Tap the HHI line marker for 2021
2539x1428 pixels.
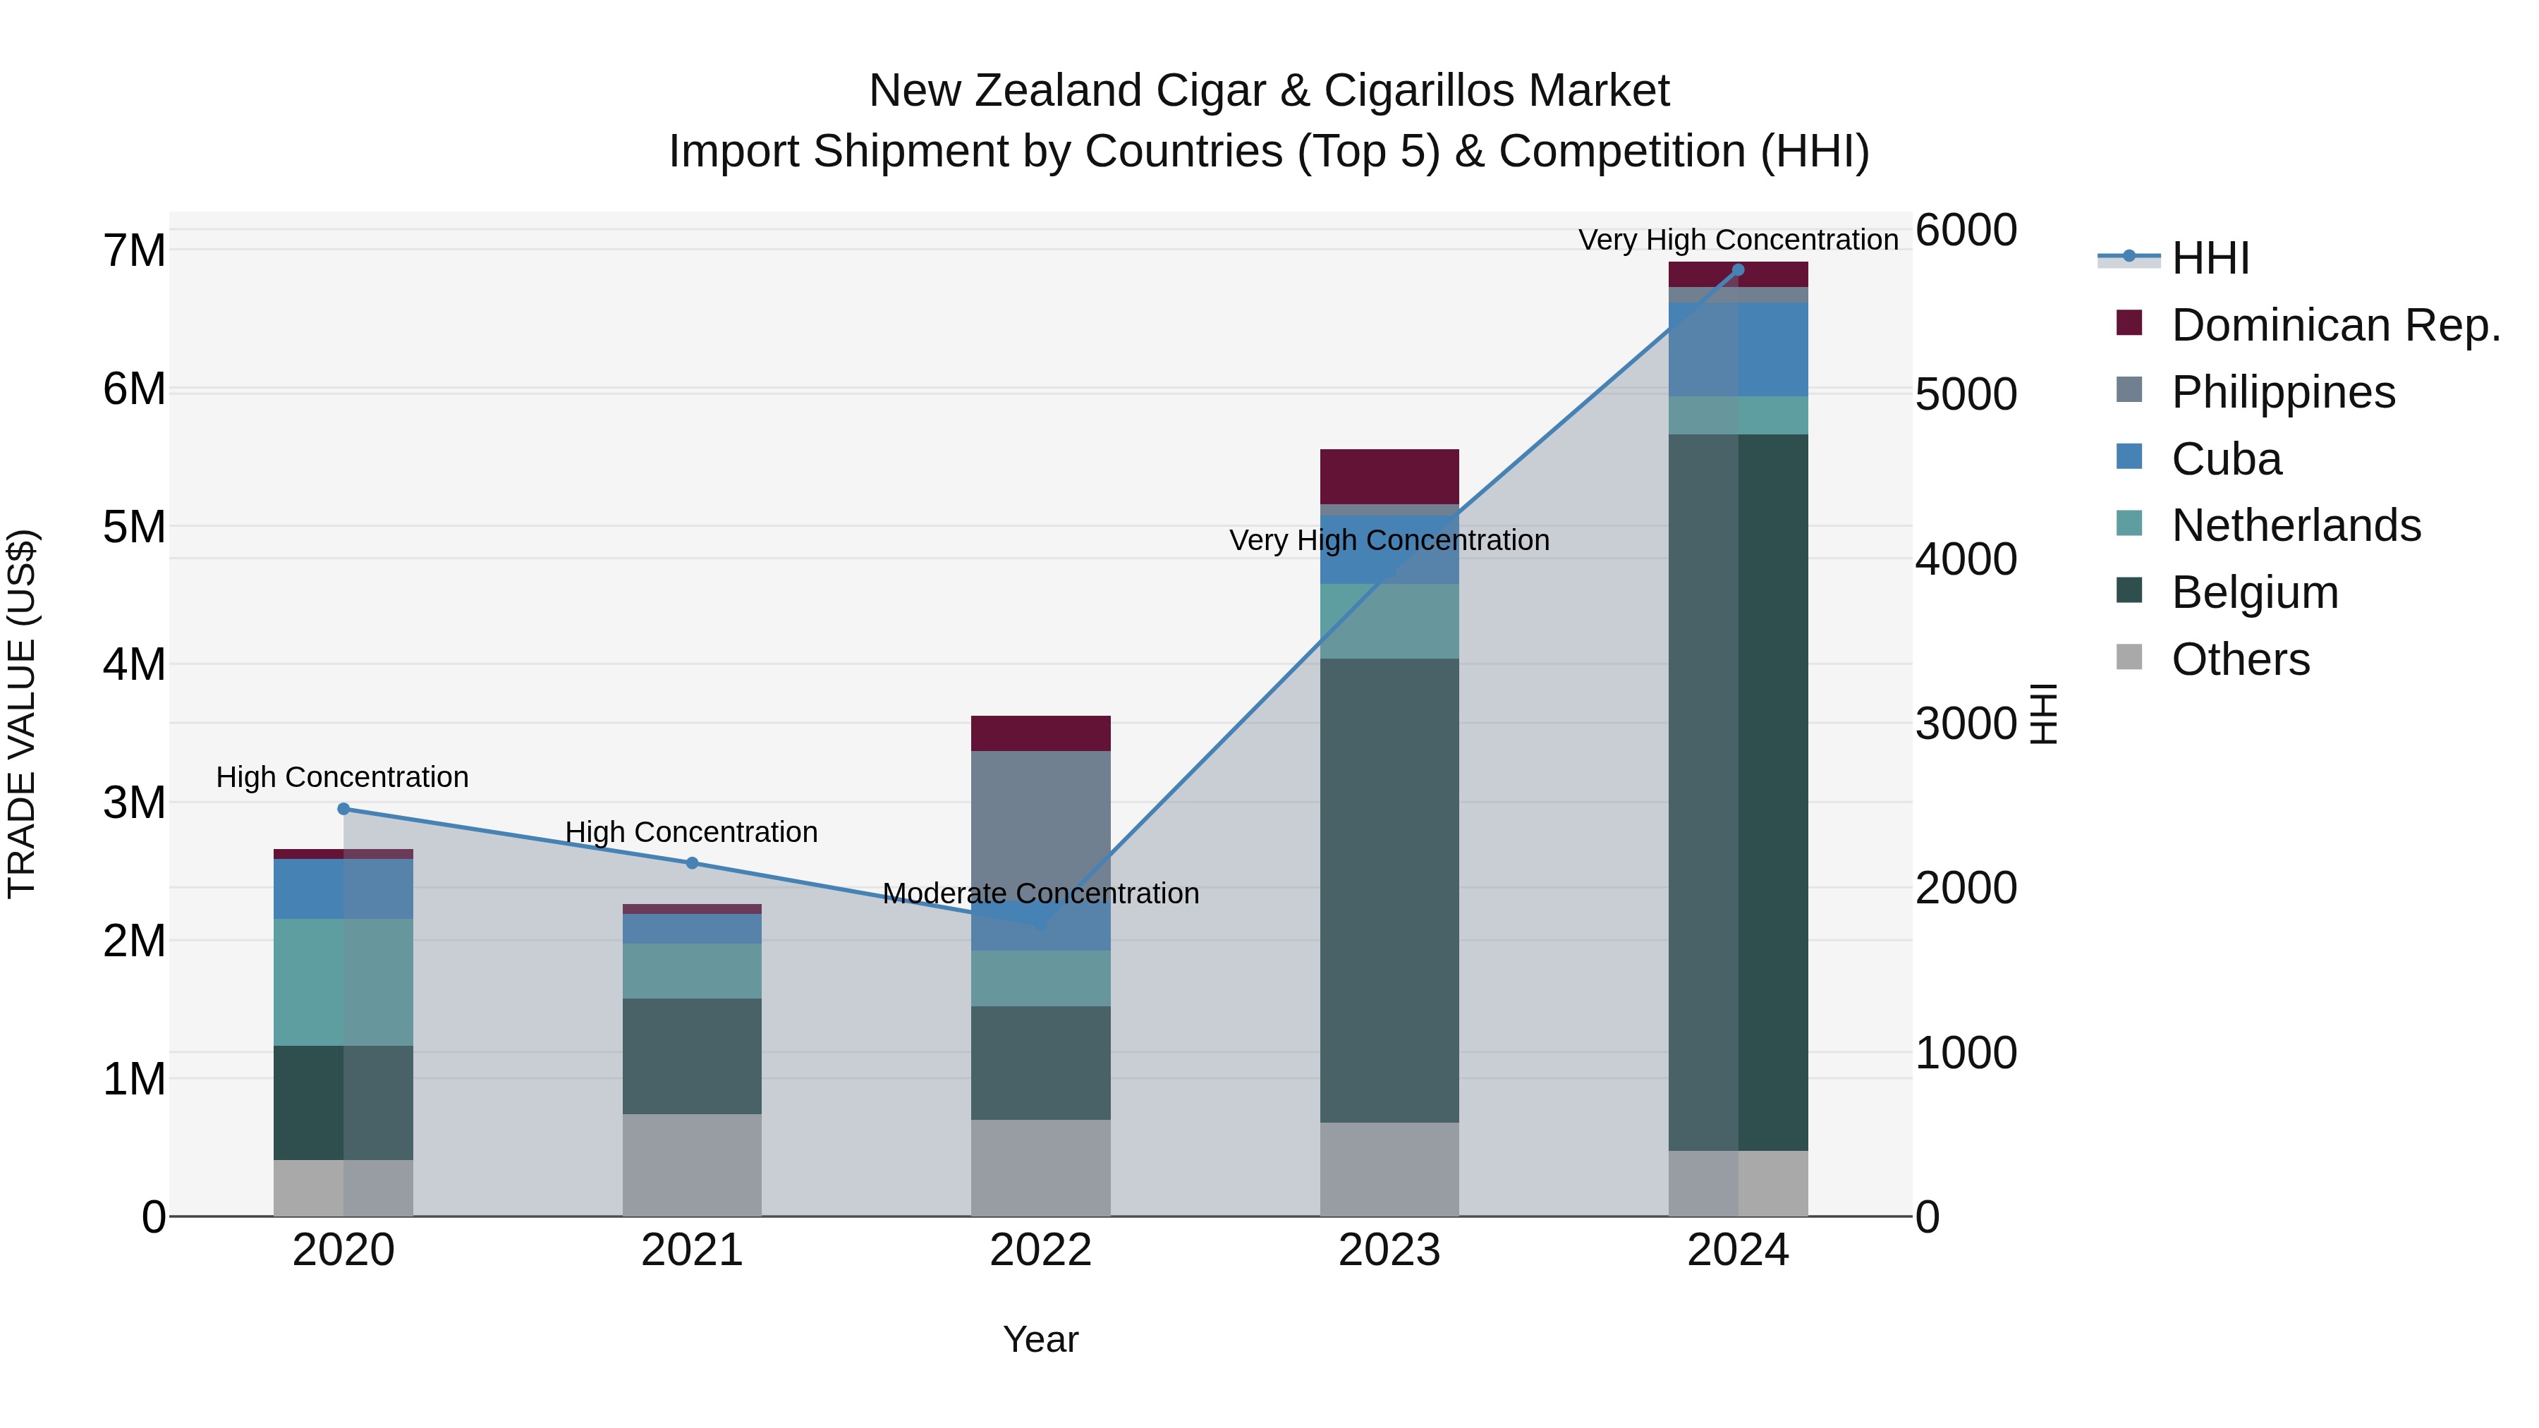pyautogui.click(x=692, y=863)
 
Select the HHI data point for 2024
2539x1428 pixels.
pyautogui.click(x=1738, y=270)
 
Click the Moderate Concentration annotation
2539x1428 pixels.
pyautogui.click(x=1041, y=894)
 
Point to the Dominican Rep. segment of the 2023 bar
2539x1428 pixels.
pyautogui.click(x=1389, y=477)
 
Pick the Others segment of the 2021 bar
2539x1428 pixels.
pyautogui.click(x=692, y=1165)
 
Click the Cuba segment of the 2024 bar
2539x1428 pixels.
pyautogui.click(x=1738, y=350)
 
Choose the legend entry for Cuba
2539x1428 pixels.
pyautogui.click(x=2226, y=459)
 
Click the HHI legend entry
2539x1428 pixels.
pyautogui.click(x=2210, y=258)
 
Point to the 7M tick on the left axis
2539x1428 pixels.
pyautogui.click(x=135, y=250)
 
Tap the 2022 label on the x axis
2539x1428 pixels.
pyautogui.click(x=1041, y=1250)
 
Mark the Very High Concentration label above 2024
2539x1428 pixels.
pyautogui.click(x=1738, y=240)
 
